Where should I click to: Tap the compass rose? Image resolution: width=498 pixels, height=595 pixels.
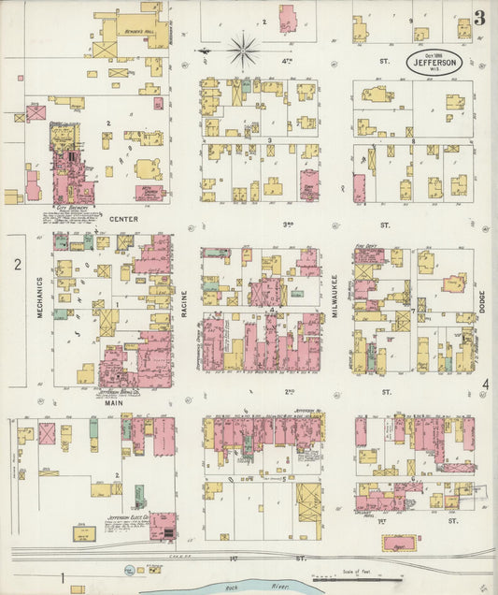tap(242, 49)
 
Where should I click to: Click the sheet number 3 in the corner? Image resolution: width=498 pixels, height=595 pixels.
tap(478, 17)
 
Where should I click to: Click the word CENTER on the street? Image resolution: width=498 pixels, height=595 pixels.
tap(123, 220)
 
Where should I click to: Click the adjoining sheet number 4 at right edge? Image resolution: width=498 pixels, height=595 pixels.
tap(485, 385)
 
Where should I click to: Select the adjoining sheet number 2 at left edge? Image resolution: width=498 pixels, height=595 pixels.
tap(17, 265)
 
